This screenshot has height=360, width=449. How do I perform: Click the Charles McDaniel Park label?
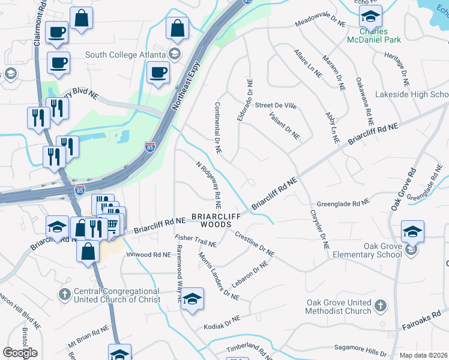pyautogui.click(x=373, y=35)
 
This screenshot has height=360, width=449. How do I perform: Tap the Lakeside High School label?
pyautogui.click(x=412, y=95)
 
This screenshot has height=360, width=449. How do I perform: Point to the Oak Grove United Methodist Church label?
pyautogui.click(x=339, y=307)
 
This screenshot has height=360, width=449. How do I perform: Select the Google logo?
pyautogui.click(x=20, y=353)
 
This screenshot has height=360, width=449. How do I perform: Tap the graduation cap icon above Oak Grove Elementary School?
pyautogui.click(x=413, y=231)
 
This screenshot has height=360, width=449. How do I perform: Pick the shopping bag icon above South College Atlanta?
pyautogui.click(x=178, y=27)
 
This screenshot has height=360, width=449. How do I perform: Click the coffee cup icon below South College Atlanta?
pyautogui.click(x=158, y=72)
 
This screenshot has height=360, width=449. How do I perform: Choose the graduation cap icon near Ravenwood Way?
pyautogui.click(x=192, y=298)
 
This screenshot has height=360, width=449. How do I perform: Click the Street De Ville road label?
pyautogui.click(x=276, y=106)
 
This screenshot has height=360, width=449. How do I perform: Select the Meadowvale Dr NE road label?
pyautogui.click(x=321, y=23)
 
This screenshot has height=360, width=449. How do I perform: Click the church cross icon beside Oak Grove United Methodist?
pyautogui.click(x=379, y=307)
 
